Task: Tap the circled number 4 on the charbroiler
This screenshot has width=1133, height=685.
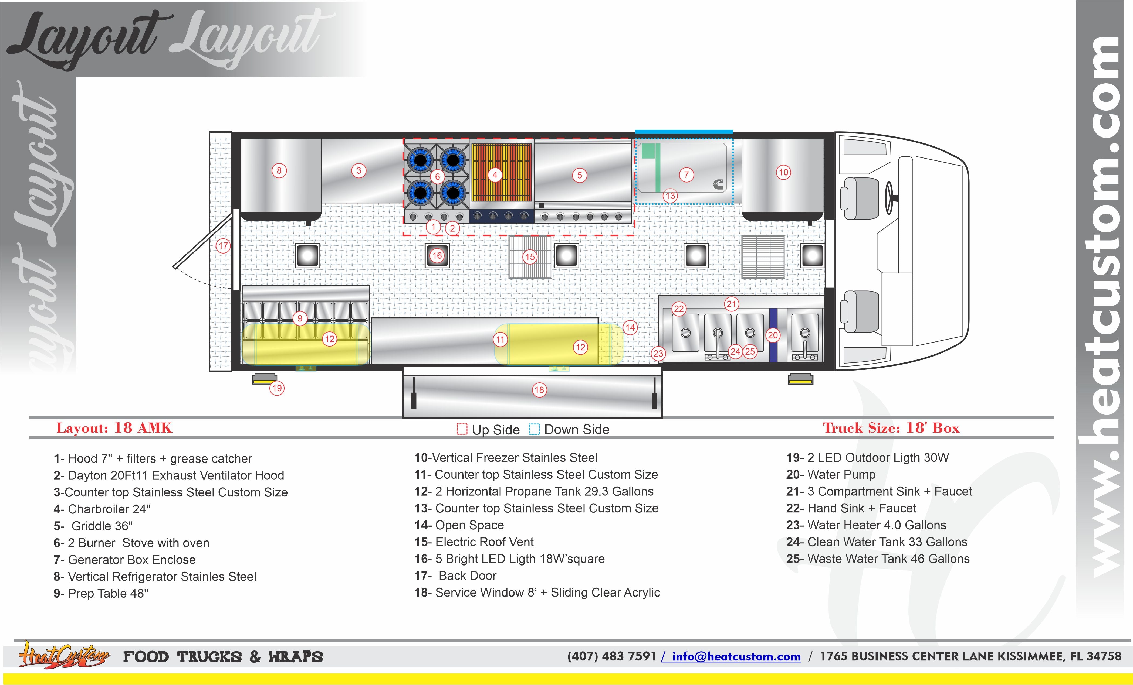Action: coord(495,175)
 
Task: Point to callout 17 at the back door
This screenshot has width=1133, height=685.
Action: coord(223,246)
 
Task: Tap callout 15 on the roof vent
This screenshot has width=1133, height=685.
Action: coord(530,257)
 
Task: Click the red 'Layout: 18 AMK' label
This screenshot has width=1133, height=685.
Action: coord(114,428)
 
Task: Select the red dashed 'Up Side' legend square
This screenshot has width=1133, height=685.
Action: coord(462,429)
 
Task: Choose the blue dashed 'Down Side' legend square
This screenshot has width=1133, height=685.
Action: coord(534,429)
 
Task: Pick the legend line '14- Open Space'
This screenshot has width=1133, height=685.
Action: coord(459,525)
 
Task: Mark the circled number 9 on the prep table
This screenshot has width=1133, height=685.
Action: coord(300,318)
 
